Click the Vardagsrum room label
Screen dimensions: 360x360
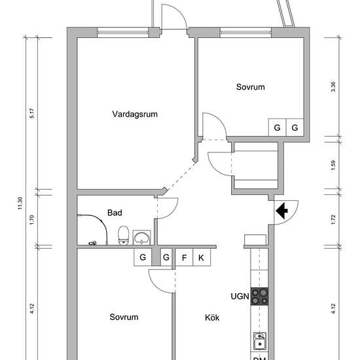[x=135, y=115]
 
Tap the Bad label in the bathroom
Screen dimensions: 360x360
[x=115, y=213]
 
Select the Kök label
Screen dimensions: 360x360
[x=212, y=317]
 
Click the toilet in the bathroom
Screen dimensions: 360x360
[x=123, y=236]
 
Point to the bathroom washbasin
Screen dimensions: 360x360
[x=141, y=238]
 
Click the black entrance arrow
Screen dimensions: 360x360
[x=281, y=211]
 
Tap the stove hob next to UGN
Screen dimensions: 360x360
[x=259, y=297]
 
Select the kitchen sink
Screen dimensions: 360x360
[x=260, y=341]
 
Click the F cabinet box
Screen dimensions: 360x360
[x=184, y=257]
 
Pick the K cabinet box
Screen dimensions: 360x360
[x=202, y=257]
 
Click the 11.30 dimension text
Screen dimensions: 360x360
[x=20, y=203]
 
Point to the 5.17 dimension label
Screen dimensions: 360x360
[x=32, y=113]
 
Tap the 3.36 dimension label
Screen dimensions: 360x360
[x=333, y=87]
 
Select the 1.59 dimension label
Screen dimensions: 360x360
[x=333, y=165]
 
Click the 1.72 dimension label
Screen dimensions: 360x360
[x=333, y=219]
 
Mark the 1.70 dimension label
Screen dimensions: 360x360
[x=32, y=220]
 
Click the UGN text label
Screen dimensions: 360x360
[x=240, y=297]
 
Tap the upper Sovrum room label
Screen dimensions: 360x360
[x=251, y=87]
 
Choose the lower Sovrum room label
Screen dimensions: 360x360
[x=124, y=317]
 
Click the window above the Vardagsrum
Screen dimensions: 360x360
[x=123, y=32]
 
